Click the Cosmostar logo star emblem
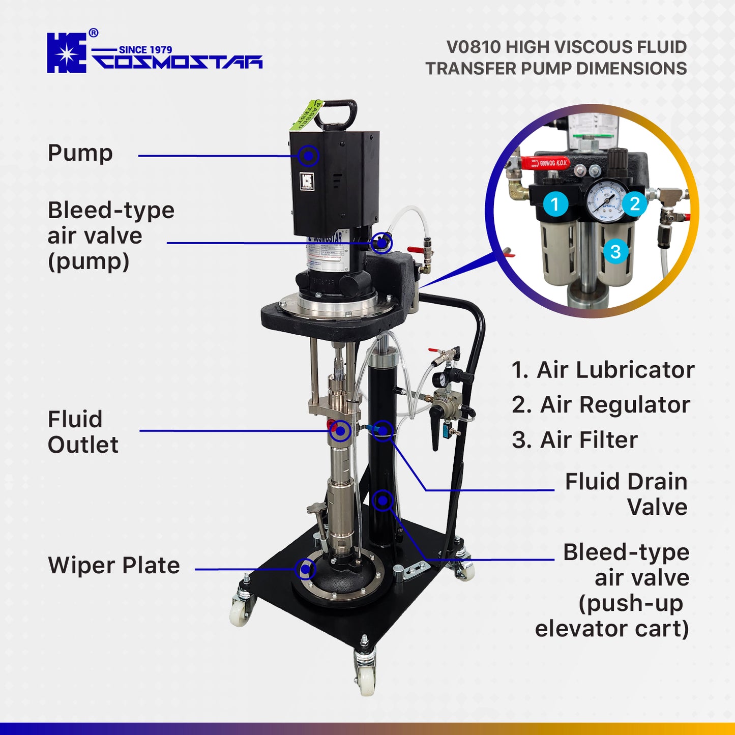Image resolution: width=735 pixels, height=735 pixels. pos(67,53)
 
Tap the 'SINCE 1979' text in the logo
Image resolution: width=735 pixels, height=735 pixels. pos(145,49)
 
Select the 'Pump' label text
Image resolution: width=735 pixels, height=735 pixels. pos(80,153)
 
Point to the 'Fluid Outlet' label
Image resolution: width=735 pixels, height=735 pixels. pos(83,432)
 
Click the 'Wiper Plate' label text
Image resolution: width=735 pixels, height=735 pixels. pos(114,566)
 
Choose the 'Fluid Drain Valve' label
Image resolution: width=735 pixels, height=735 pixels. pos(626,494)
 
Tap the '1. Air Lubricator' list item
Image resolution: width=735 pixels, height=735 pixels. pos(603,370)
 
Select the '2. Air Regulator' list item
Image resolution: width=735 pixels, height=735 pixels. pos(601,405)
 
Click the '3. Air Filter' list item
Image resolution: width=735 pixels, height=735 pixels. pos(575,440)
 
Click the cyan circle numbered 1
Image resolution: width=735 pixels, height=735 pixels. pos(555,204)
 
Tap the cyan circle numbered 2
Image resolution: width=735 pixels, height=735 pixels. pos(634,204)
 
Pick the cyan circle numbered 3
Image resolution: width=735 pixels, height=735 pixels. pos(615,251)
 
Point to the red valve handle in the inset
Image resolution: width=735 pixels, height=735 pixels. pos(544,163)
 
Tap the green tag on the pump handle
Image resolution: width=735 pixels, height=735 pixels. pos(308,115)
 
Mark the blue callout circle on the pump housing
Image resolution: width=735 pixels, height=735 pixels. pos(308,156)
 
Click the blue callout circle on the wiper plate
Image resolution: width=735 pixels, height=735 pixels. pos(305,569)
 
